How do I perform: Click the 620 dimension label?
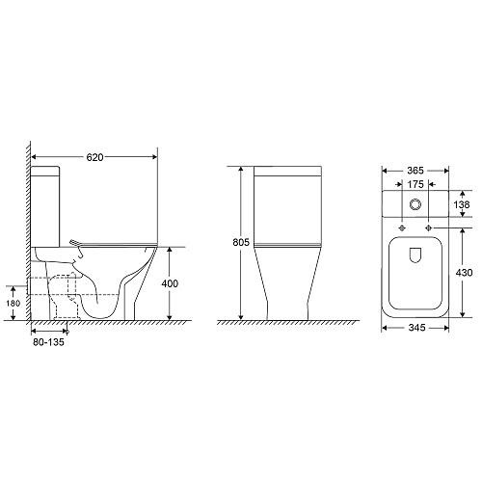pyautogui.click(x=95, y=157)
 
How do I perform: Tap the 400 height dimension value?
pyautogui.click(x=170, y=283)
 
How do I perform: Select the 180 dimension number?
pyautogui.click(x=13, y=303)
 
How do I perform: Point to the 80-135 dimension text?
pyautogui.click(x=48, y=342)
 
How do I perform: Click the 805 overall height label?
pyautogui.click(x=241, y=242)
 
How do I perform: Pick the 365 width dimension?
pyautogui.click(x=415, y=171)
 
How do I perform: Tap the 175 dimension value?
pyautogui.click(x=415, y=184)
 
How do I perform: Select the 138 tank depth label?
pyautogui.click(x=462, y=204)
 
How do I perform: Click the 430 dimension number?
pyautogui.click(x=464, y=273)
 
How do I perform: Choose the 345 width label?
pyautogui.click(x=416, y=328)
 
